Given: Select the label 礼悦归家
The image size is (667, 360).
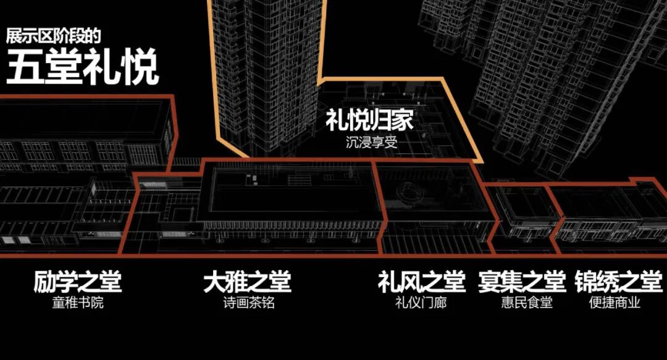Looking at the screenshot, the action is click(x=369, y=120).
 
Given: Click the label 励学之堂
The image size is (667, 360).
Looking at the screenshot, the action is click(x=78, y=283).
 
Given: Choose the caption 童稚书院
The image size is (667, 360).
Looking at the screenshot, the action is click(x=77, y=303).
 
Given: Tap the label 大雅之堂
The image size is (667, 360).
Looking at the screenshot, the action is click(x=247, y=283).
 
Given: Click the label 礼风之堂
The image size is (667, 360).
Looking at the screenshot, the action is click(x=421, y=283).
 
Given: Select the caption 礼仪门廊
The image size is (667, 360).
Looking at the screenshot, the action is click(x=421, y=303).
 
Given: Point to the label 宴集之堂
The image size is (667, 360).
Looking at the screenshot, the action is click(x=522, y=283).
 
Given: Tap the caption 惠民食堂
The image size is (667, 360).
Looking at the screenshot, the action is click(x=522, y=303).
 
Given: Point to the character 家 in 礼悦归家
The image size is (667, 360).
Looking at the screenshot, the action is click(x=402, y=120).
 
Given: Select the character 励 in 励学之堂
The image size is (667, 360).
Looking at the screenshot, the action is click(x=45, y=283).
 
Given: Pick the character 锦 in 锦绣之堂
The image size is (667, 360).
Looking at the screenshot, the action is click(x=585, y=283).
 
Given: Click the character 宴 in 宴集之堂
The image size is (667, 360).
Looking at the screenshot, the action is click(x=489, y=283).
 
